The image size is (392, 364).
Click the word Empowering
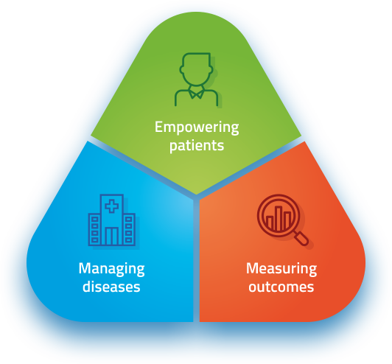pyautogui.click(x=197, y=127)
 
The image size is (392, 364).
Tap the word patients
pyautogui.click(x=197, y=146)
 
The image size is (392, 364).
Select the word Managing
pyautogui.click(x=111, y=269)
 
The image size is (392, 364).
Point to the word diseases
pyautogui.click(x=111, y=287)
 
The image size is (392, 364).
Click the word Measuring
pyautogui.click(x=281, y=269)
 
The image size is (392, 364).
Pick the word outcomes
pyautogui.click(x=281, y=287)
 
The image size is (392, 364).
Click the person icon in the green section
pyautogui.click(x=197, y=80)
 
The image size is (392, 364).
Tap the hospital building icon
pyautogui.click(x=112, y=220)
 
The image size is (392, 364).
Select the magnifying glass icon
pyautogui.click(x=282, y=220)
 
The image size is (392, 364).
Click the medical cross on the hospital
pyautogui.click(x=111, y=206)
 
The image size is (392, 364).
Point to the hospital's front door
pyautogui.click(x=112, y=236)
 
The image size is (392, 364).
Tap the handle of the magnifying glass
pyautogui.click(x=301, y=238)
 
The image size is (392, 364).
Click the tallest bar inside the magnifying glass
pyautogui.click(x=279, y=218)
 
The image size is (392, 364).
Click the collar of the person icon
pyautogui.click(x=196, y=92)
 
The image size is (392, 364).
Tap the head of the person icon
pyautogui.click(x=197, y=69)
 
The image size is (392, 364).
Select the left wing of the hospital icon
pyautogui.click(x=95, y=229)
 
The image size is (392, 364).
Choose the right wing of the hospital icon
pyautogui.click(x=129, y=229)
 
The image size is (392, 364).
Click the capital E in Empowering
pyautogui.click(x=158, y=127)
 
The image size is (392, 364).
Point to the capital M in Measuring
pyautogui.click(x=252, y=268)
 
